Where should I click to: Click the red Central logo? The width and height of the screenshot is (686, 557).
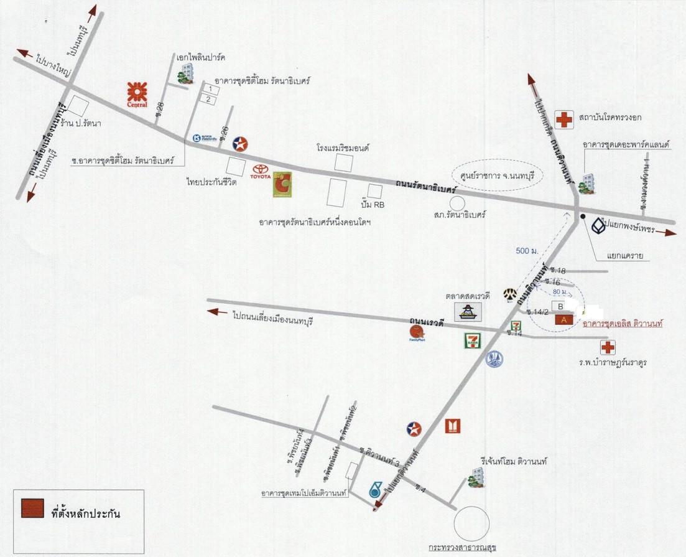tap(137, 95)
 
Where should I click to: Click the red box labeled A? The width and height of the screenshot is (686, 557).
tap(564, 319)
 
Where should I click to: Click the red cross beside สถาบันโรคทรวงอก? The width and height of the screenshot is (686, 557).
tap(565, 119)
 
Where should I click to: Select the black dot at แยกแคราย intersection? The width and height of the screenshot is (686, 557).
tap(583, 217)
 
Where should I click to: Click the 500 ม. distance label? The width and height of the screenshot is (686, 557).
tap(527, 251)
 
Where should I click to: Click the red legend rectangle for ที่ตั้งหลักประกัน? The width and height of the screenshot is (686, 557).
tap(32, 508)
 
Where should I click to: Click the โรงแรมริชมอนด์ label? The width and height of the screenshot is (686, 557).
tap(343, 149)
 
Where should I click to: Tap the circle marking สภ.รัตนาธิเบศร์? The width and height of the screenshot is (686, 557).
tap(458, 203)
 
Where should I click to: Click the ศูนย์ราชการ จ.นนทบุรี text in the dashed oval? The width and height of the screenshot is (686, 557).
tap(498, 174)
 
